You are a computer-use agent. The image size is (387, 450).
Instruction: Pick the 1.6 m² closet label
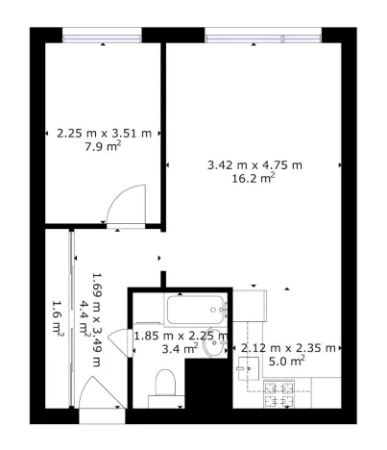click(57, 318)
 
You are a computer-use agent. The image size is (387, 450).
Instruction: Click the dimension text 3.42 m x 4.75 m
click(254, 164)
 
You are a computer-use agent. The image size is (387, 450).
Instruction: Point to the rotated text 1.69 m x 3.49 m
click(96, 319)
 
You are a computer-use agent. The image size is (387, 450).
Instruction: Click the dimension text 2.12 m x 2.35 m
click(287, 347)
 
